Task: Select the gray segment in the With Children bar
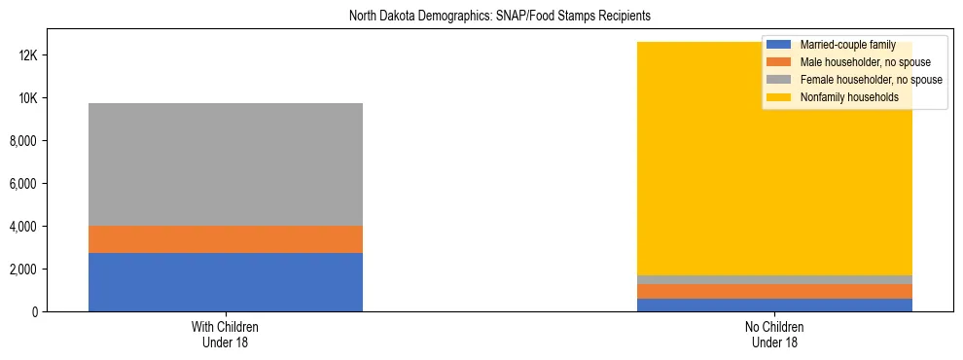[x=226, y=163]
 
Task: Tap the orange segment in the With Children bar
[x=226, y=239]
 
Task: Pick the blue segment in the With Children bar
[x=226, y=282]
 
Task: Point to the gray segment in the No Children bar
[x=774, y=279]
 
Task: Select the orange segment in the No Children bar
[x=774, y=291]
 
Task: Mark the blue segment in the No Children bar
[x=774, y=305]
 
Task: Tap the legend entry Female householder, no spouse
[x=857, y=80]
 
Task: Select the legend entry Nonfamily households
[x=842, y=97]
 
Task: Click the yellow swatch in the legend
[x=779, y=97]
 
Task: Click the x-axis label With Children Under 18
[x=226, y=334]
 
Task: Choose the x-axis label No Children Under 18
[x=774, y=334]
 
